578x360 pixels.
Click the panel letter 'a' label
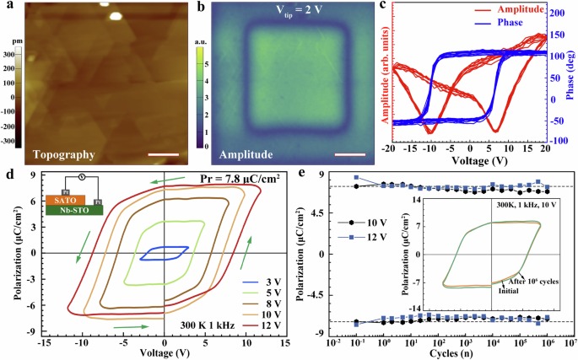pyautogui.click(x=7, y=8)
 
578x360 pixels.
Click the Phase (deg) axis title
pyautogui.click(x=571, y=80)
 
